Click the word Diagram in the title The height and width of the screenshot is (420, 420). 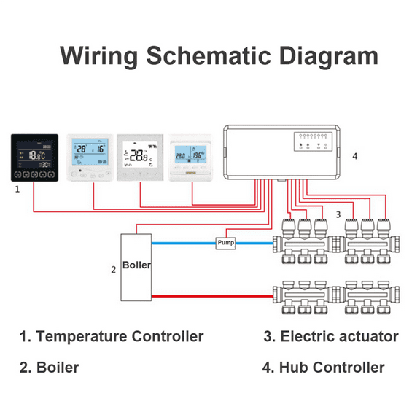coord(319,56)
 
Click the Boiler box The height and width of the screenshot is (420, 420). coord(136,266)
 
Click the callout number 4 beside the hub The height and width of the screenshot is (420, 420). coord(355,156)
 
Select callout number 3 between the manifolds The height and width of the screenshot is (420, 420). coord(338,214)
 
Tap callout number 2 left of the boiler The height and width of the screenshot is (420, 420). coord(113,269)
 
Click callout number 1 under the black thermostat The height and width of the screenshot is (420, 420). coord(17,188)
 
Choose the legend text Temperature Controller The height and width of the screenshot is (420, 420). coord(120,336)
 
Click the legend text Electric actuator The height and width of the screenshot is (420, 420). coord(339,336)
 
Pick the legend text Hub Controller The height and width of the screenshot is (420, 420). coord(332,367)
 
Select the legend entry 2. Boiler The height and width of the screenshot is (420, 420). coord(48,367)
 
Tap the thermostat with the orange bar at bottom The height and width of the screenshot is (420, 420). coord(191,157)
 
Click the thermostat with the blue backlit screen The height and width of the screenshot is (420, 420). coord(90,156)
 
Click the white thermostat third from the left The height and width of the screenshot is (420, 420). coord(141,156)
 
